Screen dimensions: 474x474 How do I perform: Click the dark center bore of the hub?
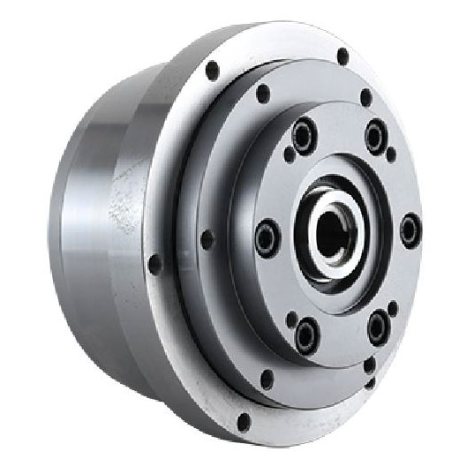(x=332, y=232)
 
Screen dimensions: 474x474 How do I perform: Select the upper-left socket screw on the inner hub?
(x=304, y=135)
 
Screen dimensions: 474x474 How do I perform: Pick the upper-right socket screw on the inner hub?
(x=375, y=136)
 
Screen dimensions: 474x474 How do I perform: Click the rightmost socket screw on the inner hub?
(x=410, y=230)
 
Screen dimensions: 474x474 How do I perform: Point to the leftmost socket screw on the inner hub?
(x=267, y=237)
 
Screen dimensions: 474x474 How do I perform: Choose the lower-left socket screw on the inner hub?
(x=306, y=334)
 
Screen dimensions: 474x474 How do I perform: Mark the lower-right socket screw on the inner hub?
(x=377, y=327)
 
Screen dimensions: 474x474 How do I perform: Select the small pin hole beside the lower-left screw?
(x=292, y=318)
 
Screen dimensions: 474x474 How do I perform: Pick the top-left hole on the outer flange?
(x=212, y=69)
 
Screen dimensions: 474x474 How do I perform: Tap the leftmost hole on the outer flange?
(x=155, y=263)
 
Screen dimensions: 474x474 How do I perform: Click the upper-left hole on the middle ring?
(x=262, y=93)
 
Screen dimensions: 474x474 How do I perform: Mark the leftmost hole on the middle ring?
(x=207, y=239)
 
